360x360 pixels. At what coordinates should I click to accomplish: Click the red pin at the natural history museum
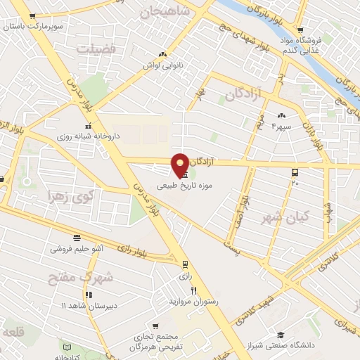click(x=181, y=165)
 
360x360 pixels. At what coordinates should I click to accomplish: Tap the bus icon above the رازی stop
click(x=185, y=265)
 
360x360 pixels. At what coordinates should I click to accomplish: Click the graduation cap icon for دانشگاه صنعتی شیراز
click(x=281, y=335)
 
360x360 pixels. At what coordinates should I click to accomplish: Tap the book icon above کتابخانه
click(x=67, y=347)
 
